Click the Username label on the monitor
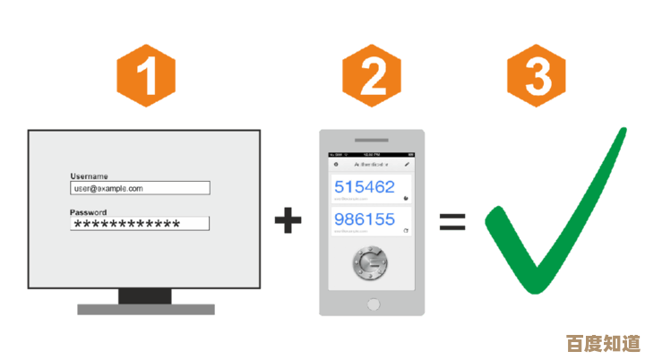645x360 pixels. tap(89, 176)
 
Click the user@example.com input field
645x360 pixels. tap(140, 188)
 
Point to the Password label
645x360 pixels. tap(88, 212)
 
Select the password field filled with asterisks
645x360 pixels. tap(140, 224)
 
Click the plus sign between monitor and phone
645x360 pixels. tap(288, 220)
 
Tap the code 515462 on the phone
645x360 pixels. tap(365, 187)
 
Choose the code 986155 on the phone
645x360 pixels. tap(365, 219)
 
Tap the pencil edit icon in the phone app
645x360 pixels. tap(407, 165)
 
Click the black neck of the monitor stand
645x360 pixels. tap(145, 296)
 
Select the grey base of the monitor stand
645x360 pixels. tap(146, 309)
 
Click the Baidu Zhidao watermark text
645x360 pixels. tap(604, 342)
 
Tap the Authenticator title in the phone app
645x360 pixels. tap(371, 165)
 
